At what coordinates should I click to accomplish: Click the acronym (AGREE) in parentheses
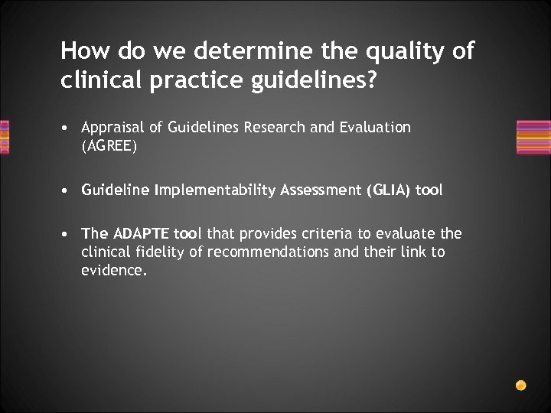109,146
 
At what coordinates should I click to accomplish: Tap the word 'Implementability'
210,190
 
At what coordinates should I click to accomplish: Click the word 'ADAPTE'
142,233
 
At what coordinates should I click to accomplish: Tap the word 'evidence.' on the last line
114,270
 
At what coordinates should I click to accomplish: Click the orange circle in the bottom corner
521,385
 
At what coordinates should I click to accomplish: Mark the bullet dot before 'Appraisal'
68,128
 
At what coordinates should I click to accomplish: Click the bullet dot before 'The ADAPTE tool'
68,233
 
